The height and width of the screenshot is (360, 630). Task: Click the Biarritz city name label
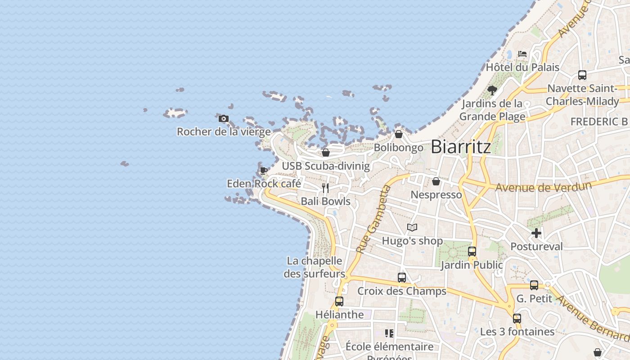pos(461,147)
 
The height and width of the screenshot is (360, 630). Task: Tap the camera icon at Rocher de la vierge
pos(224,119)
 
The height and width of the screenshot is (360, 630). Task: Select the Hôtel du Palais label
pos(522,67)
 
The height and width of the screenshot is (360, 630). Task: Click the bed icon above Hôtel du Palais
pos(522,54)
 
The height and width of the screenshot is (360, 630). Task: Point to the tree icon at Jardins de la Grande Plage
pos(492,90)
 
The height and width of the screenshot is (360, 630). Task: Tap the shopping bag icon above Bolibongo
pos(399,134)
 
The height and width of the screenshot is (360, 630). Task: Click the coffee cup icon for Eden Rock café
pos(264,171)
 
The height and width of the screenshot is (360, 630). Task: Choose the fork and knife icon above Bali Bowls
pos(325,188)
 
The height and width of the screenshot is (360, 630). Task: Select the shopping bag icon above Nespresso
pos(436,181)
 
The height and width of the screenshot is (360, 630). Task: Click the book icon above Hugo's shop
pos(412,228)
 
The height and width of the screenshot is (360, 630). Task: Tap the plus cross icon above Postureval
pos(536,233)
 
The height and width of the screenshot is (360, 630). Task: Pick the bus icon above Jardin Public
pos(472,252)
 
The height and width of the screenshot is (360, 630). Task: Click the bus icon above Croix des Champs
pos(402,278)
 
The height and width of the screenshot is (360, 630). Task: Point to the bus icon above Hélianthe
pos(339,301)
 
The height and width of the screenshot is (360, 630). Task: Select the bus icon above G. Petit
pos(534,285)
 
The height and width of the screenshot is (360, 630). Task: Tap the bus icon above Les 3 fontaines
pos(517,319)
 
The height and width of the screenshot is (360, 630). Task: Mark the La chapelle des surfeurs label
pos(315,267)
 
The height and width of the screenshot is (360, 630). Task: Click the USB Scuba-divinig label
pos(326,166)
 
